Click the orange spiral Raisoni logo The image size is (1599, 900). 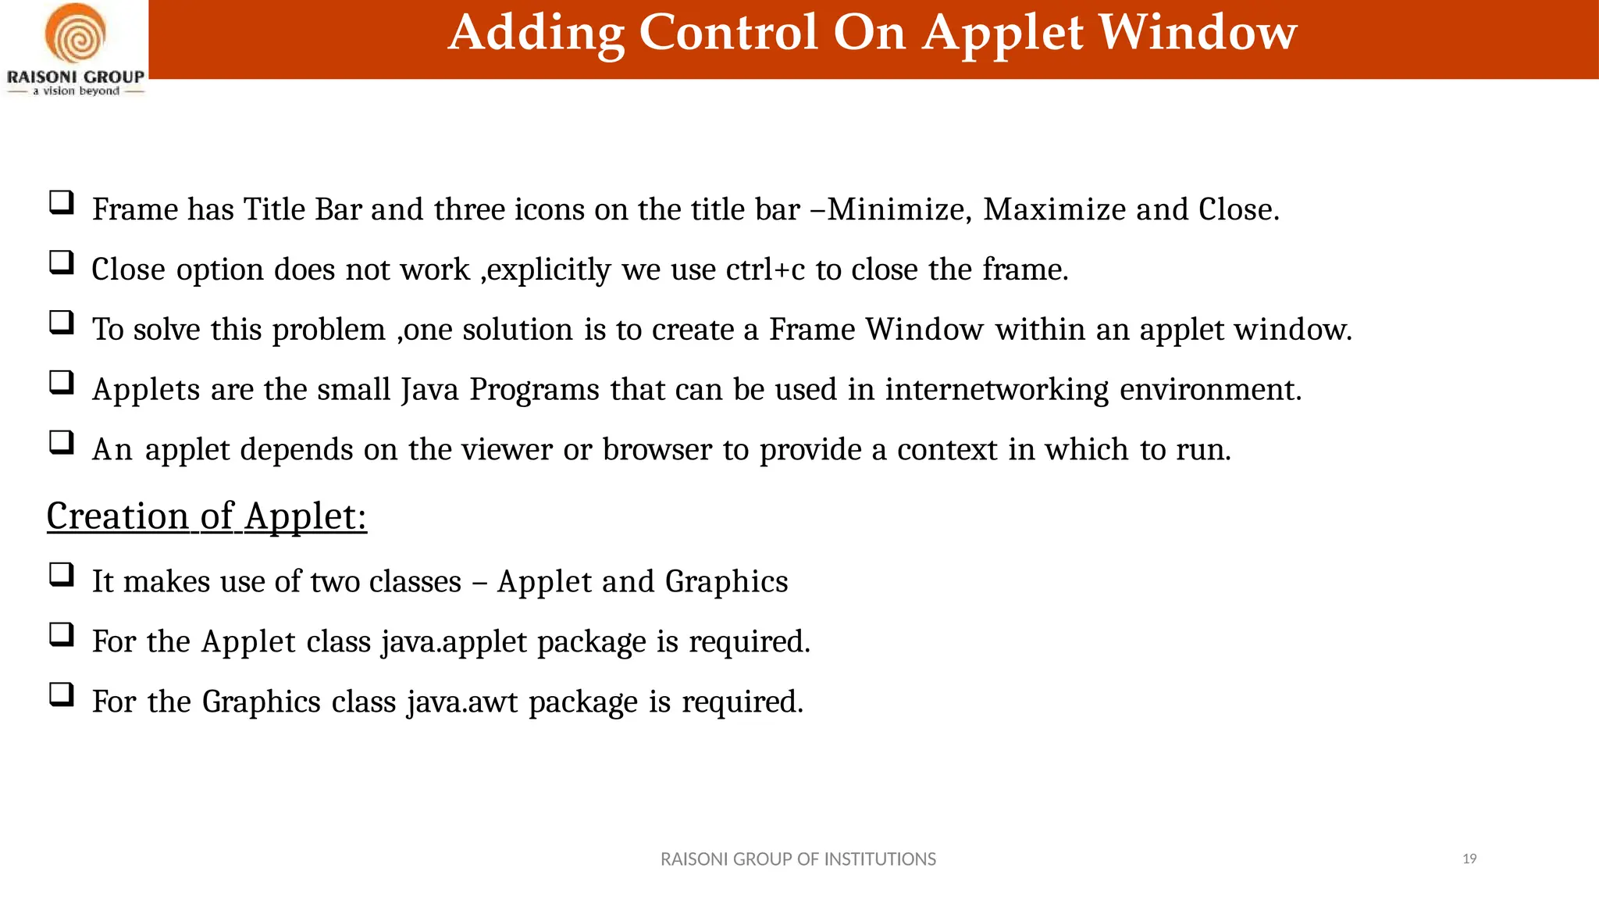tap(75, 34)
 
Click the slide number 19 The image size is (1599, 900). tap(1469, 859)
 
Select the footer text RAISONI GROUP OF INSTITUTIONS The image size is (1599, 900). tap(798, 859)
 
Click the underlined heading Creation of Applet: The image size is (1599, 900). tap(207, 516)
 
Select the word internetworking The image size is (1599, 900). tap(997, 389)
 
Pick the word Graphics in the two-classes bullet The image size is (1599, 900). tap(726, 581)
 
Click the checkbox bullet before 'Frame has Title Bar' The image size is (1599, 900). tap(61, 203)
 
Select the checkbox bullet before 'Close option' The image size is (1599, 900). tap(61, 262)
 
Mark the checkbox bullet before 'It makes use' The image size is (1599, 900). tap(61, 575)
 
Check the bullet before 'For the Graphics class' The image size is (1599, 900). tap(61, 695)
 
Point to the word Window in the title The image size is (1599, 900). tap(1198, 33)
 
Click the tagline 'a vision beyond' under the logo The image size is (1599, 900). tap(76, 91)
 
